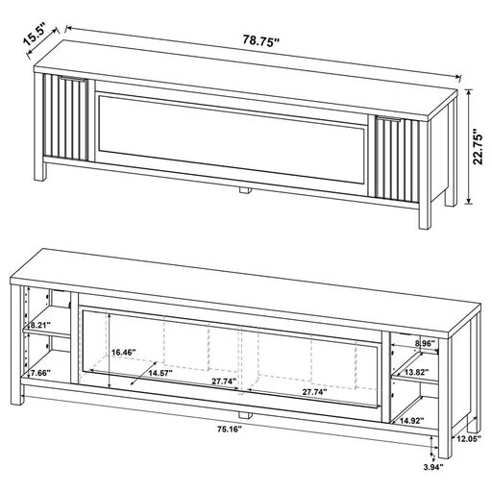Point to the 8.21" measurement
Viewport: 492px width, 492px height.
coord(39,326)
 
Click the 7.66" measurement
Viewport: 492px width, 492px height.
coord(39,372)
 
